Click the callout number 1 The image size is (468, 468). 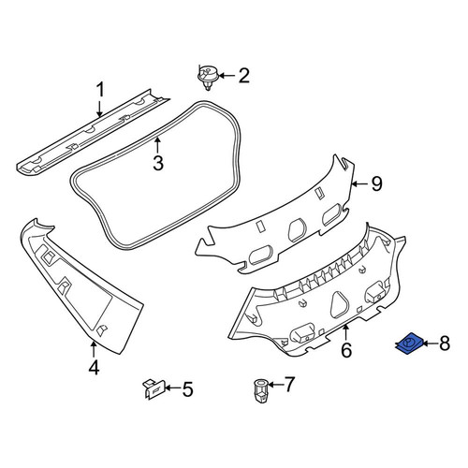tap(100, 90)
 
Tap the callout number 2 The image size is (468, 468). tap(244, 76)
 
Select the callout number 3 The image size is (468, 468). tap(158, 163)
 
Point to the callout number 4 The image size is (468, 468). tap(94, 368)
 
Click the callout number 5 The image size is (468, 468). tap(187, 389)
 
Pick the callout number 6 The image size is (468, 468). tap(346, 350)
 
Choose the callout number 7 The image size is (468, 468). tap(289, 385)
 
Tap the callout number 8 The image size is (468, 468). tap(445, 344)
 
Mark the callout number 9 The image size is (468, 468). tap(376, 183)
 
